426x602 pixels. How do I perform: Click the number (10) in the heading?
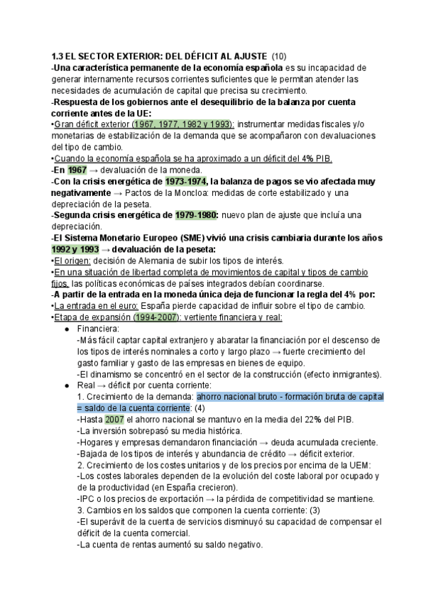pyautogui.click(x=279, y=56)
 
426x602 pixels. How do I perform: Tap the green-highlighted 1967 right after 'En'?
pyautogui.click(x=77, y=170)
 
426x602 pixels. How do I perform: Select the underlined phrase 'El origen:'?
pyautogui.click(x=71, y=260)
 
